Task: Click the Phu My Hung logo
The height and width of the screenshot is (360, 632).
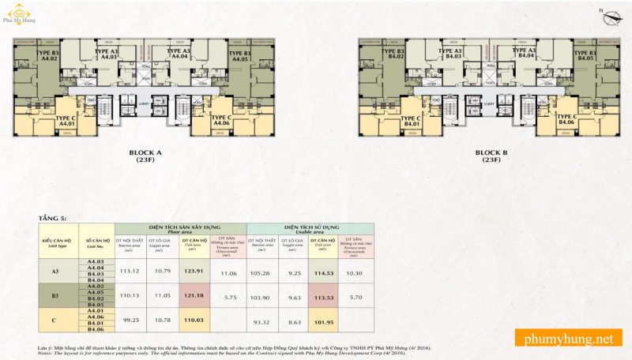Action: [x=19, y=18]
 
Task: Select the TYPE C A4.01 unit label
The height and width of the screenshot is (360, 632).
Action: [x=66, y=120]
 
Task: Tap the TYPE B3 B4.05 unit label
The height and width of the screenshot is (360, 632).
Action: [x=585, y=56]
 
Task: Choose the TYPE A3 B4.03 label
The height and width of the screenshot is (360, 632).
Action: [x=453, y=54]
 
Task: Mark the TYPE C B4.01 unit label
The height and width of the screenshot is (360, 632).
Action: [x=412, y=120]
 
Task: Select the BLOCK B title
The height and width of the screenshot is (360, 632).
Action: [x=492, y=155]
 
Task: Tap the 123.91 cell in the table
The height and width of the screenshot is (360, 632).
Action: [x=194, y=271]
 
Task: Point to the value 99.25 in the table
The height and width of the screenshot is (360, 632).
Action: [x=129, y=321]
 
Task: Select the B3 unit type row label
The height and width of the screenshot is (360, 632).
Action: [x=55, y=296]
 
